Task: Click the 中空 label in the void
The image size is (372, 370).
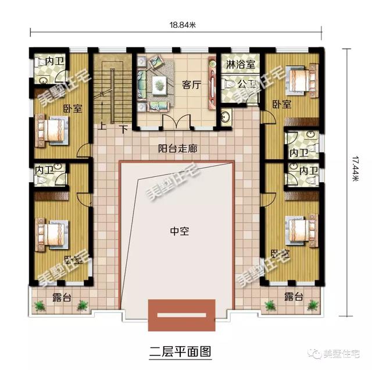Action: point(178,230)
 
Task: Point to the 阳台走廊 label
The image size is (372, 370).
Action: point(178,148)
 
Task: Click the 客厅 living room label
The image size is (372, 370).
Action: point(191,85)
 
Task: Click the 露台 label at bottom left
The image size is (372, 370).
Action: point(62,298)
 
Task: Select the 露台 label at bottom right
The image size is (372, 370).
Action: point(294,298)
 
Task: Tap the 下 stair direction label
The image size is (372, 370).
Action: point(123,127)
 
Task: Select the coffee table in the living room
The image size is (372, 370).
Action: point(159,86)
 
